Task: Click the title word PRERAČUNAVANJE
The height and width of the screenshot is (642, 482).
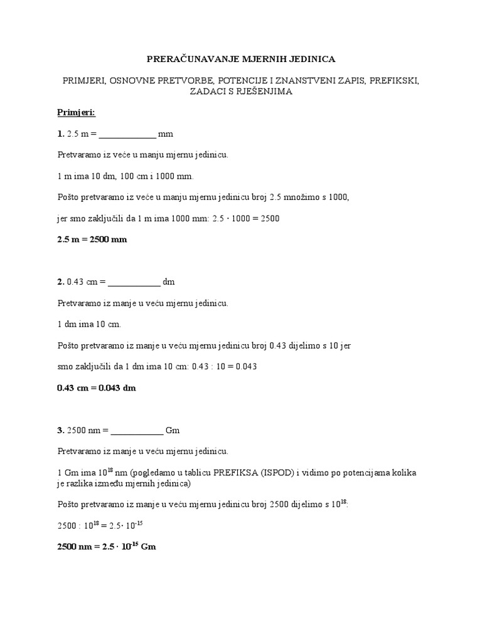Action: point(182,59)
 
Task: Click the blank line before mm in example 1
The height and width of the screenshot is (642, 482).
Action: point(127,135)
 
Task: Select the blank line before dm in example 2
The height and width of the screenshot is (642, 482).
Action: point(134,282)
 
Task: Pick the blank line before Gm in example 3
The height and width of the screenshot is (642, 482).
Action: point(137,431)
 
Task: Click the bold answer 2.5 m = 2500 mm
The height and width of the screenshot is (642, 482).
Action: point(92,240)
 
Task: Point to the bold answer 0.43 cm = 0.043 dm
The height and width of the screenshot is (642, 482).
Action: point(97,388)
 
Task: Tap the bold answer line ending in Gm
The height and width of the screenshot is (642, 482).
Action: point(107,547)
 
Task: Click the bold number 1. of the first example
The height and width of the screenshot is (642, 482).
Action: point(61,134)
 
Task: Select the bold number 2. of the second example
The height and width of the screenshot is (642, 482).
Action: point(61,282)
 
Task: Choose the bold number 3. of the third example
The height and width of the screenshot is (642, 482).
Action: point(61,431)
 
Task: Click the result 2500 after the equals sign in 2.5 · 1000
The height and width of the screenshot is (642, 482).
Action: point(270,219)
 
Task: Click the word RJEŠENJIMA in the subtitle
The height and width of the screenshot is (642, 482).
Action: point(257,92)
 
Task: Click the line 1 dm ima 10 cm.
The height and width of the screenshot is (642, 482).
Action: point(89,325)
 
